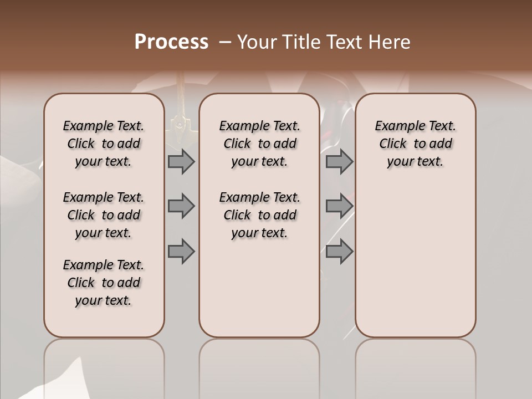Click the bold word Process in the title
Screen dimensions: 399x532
coord(171,42)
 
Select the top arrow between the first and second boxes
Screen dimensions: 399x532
coord(181,162)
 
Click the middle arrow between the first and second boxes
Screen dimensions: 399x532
coord(181,206)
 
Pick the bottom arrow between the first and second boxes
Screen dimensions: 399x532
coord(181,252)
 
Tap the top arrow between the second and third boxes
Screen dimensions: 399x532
coord(339,162)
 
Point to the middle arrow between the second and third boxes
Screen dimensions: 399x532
coord(339,206)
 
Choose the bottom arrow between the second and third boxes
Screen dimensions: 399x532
coord(339,252)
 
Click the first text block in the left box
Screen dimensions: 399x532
coord(104,144)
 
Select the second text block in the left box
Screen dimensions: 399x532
coord(104,215)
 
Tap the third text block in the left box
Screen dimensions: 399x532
coord(104,283)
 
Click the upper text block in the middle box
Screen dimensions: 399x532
coord(259,144)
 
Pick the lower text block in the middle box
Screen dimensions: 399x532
coord(259,215)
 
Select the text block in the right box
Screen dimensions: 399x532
coord(415,144)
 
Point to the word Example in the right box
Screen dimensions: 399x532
coord(396,126)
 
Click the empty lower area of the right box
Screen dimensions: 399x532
coord(415,255)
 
